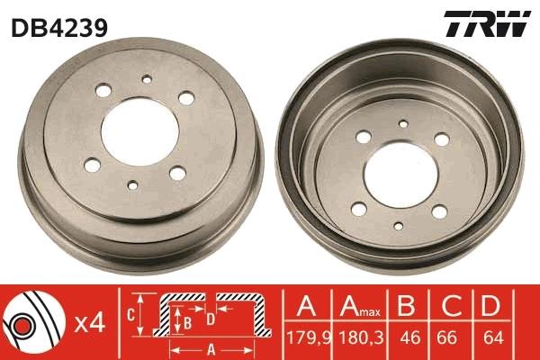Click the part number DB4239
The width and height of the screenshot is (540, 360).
pyautogui.click(x=58, y=26)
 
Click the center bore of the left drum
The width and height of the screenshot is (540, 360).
pyautogui.click(x=140, y=131)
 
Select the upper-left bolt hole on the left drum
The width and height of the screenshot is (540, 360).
pyautogui.click(x=101, y=93)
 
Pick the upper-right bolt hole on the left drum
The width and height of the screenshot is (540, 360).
pyautogui.click(x=187, y=99)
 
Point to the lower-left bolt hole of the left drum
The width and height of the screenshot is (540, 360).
pyautogui.click(x=93, y=164)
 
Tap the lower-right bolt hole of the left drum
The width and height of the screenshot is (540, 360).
pyautogui.click(x=177, y=170)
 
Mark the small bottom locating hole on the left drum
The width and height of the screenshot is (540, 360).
pyautogui.click(x=132, y=185)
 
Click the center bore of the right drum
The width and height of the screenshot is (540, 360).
pyautogui.click(x=400, y=173)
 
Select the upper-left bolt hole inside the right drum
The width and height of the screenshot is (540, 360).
pyautogui.click(x=364, y=138)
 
